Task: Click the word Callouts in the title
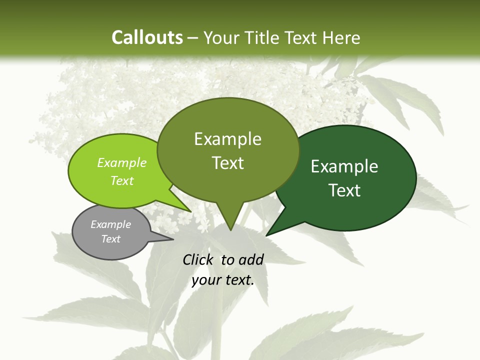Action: [x=147, y=38]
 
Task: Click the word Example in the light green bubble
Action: [x=122, y=162]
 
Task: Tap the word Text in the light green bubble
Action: [x=122, y=180]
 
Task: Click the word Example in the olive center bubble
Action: [x=227, y=139]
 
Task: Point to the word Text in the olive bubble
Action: [x=227, y=163]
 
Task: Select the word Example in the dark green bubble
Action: [x=344, y=166]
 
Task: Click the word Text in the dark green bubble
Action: [x=344, y=190]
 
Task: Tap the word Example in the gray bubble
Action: [x=110, y=224]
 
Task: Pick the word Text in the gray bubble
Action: [x=110, y=239]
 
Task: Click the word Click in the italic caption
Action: [x=198, y=259]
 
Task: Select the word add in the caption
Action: [x=251, y=259]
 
